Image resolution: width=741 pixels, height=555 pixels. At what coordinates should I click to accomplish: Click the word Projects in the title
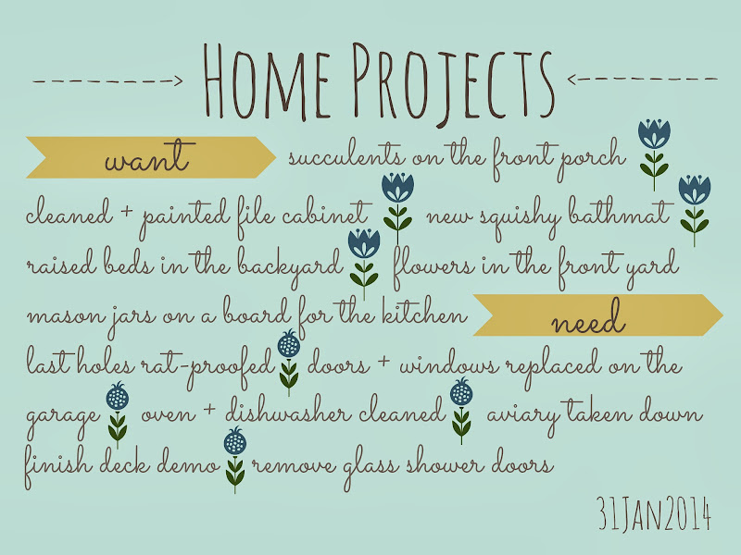point(453,83)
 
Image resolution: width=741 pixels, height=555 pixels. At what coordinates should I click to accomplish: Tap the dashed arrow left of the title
point(107,81)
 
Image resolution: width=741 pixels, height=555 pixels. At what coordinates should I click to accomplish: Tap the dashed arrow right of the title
point(642,79)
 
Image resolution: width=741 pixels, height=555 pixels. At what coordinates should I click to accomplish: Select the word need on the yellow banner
point(589,318)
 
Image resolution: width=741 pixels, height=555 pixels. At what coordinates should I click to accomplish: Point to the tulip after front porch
point(654,154)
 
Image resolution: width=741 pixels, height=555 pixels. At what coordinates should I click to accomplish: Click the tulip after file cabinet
point(398,207)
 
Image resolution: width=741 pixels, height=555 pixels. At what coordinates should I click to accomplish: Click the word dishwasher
point(288,410)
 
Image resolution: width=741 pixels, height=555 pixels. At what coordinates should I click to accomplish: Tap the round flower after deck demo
point(235,460)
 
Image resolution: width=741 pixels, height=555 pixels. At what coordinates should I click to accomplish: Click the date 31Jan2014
point(654,513)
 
